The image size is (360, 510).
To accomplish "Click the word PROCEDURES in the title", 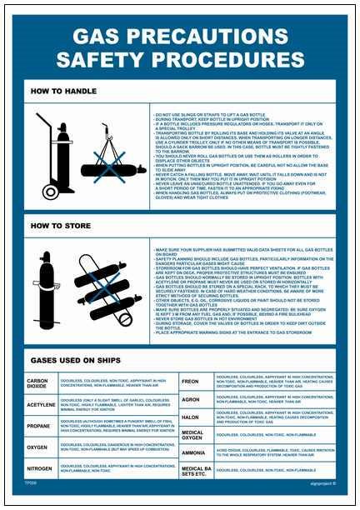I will click(238, 60).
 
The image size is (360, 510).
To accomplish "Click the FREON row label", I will click(191, 380).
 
